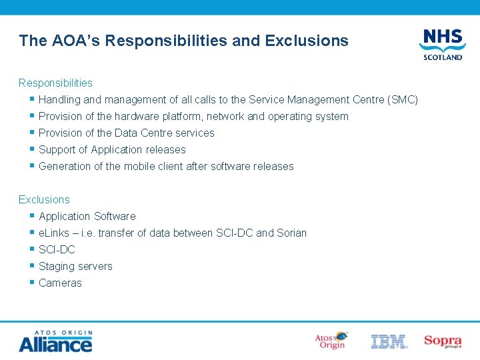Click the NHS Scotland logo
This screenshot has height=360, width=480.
442,44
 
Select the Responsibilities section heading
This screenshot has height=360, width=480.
55,83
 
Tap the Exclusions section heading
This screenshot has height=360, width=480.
44,199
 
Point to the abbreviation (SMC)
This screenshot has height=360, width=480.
403,100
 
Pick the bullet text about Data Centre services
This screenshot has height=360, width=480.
127,133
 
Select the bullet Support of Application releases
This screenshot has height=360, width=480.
112,150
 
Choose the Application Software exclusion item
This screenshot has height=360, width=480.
87,217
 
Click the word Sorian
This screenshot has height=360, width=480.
292,233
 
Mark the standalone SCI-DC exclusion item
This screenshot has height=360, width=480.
57,250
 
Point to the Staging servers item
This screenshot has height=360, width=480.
75,267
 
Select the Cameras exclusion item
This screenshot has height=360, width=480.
61,283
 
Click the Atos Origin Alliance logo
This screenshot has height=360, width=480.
55,341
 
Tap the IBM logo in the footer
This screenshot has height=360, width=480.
389,341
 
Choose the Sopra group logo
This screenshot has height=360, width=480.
443,341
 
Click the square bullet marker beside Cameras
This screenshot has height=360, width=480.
32,283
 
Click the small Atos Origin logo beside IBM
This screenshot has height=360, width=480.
331,341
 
